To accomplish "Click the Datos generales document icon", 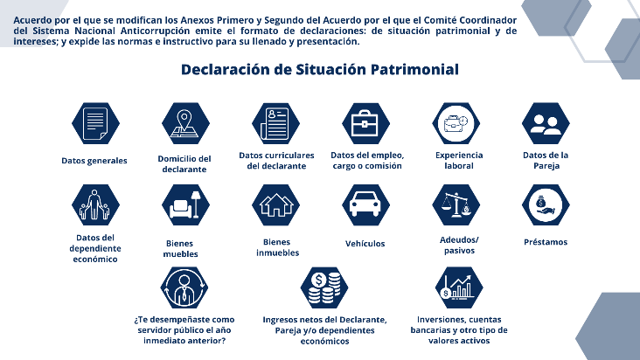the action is [x=95, y=123].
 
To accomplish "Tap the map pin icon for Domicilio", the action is [x=185, y=123].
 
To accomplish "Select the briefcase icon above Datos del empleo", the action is [x=366, y=123].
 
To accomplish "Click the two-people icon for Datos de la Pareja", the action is [x=546, y=123].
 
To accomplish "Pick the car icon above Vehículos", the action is [x=366, y=204].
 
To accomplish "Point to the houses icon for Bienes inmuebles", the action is [x=276, y=204].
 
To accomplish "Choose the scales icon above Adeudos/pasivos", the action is [x=456, y=204].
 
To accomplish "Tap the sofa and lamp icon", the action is [x=185, y=204].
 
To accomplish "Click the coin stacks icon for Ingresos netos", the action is [x=324, y=287].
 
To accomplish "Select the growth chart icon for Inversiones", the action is [x=459, y=287].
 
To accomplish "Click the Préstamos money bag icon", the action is [x=546, y=204].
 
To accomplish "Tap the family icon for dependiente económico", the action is [x=95, y=204].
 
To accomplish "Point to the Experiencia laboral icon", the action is [x=456, y=123].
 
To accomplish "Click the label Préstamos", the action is [x=546, y=242].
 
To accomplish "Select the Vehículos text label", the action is [x=365, y=244].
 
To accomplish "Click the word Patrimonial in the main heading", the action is [x=414, y=69].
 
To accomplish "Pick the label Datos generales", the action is [x=94, y=161].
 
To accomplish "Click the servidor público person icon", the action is [x=184, y=287].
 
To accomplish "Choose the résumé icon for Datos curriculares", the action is [x=276, y=123].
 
